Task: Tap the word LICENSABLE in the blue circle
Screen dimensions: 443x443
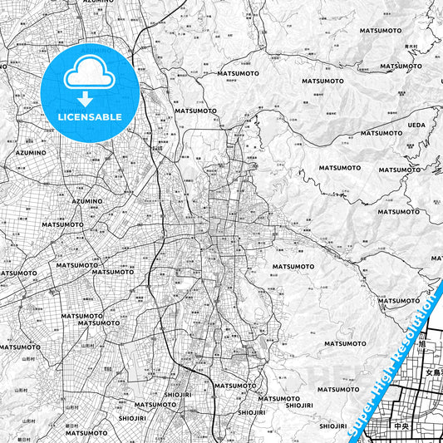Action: pyautogui.click(x=90, y=116)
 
